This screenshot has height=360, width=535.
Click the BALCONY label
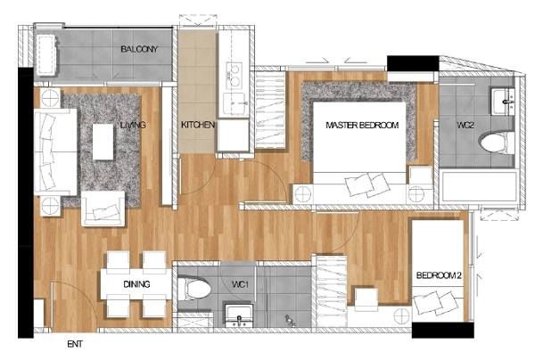point(139,49)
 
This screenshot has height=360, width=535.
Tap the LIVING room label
point(133,125)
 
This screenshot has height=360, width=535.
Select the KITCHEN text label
point(198,125)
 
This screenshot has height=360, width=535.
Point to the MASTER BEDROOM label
point(362,125)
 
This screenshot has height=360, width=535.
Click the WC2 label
point(465,125)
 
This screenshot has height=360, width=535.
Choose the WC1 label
point(240,284)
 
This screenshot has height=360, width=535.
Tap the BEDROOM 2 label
point(439,275)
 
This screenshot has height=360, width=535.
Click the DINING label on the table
point(136,284)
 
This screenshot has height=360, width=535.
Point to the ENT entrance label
point(75,344)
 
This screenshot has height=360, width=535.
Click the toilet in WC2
point(497,143)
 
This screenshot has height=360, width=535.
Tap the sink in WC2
point(503,102)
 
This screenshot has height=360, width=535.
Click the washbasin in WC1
point(239,315)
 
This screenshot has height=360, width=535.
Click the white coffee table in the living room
point(103,142)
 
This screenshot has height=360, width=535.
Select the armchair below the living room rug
point(103,209)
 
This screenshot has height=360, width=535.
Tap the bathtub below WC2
point(479,187)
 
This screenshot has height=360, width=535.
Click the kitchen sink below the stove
point(235,103)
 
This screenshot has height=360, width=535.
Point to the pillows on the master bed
point(367,184)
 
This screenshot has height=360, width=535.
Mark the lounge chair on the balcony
point(46,54)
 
